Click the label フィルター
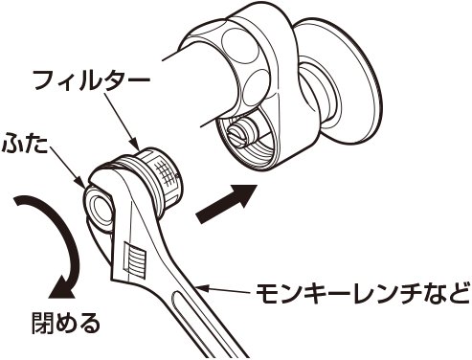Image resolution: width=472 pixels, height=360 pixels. [92, 80]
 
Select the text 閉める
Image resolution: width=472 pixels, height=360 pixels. [66, 323]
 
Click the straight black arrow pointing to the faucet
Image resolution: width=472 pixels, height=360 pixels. [227, 203]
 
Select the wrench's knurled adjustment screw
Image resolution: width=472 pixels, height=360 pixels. [134, 259]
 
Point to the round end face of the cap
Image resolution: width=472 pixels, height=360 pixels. [98, 209]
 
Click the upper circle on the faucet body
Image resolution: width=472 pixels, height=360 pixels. [240, 45]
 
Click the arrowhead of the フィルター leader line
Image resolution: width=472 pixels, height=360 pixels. [136, 146]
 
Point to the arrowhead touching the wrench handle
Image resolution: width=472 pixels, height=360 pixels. [204, 288]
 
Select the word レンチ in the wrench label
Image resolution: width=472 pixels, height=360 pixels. [376, 294]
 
